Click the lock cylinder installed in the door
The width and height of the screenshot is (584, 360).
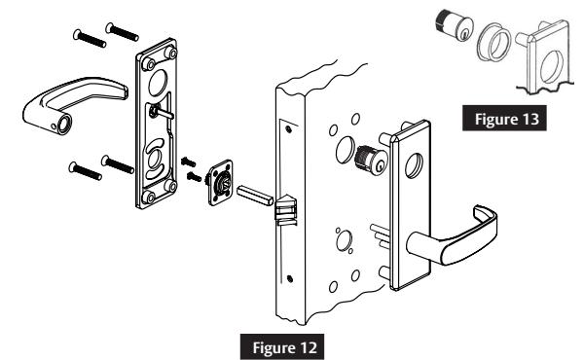coord(370,159)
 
